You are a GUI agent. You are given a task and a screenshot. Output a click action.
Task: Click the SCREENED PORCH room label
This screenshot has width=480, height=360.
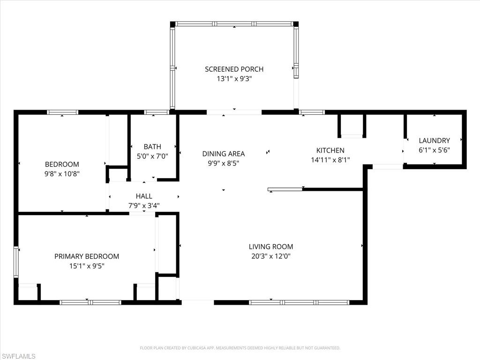[x=234, y=69]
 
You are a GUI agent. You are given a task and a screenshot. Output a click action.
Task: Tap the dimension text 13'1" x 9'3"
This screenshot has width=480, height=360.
[x=234, y=79]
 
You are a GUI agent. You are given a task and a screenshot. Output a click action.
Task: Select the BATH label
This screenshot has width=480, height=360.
[x=152, y=147]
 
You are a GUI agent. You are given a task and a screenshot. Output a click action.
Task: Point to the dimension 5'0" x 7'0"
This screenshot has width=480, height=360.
[x=152, y=157]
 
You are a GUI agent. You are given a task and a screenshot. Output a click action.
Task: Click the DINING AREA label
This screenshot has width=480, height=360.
[x=224, y=154]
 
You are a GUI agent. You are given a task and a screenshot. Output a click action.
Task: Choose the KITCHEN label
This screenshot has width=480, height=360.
[x=330, y=150]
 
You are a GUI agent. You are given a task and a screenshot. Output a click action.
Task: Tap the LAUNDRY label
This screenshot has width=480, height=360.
[x=434, y=140]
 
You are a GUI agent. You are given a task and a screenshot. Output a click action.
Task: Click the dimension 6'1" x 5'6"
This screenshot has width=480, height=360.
[x=434, y=150]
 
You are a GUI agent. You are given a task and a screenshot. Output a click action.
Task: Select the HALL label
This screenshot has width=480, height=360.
[x=144, y=196]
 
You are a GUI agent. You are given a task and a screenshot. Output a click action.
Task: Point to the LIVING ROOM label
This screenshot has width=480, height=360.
[x=271, y=247]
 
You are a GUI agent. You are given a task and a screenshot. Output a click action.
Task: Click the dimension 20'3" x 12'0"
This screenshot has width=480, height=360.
[x=271, y=256]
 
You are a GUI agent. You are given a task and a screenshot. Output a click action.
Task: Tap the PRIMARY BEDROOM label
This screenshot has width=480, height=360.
[x=87, y=256]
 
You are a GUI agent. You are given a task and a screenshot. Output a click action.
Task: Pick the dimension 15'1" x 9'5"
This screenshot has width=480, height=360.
[x=87, y=266]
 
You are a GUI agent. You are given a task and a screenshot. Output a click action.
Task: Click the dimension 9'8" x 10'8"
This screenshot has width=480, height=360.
[x=62, y=174]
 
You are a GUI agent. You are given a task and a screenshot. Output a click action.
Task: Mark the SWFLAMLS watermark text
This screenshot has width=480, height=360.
[x=18, y=356]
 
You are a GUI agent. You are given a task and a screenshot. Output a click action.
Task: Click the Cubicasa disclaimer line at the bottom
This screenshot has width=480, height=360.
[x=240, y=348]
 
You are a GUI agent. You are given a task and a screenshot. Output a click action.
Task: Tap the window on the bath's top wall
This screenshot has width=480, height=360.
[x=157, y=112]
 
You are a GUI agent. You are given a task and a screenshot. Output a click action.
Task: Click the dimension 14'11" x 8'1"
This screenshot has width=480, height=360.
[x=330, y=160]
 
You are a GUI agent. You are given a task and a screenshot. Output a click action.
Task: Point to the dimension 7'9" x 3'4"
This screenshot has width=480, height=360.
[x=144, y=205]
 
